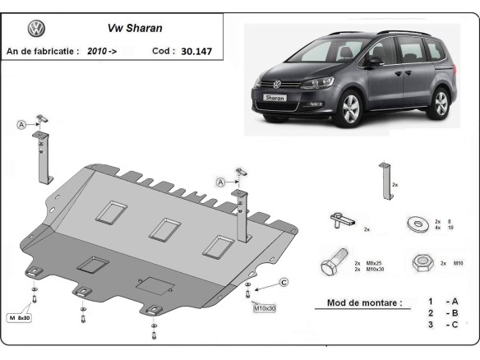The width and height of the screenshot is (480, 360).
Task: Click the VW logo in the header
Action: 36,29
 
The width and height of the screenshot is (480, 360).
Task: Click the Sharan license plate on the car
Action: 275,98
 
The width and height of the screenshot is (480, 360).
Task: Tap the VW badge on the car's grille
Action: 277,83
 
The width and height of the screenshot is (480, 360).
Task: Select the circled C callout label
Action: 284,283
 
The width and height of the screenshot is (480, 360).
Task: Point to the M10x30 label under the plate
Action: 265,308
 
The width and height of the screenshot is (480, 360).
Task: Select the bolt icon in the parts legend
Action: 334,265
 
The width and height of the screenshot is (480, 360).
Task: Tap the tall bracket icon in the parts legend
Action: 383,182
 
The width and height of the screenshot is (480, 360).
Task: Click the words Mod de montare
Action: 364,302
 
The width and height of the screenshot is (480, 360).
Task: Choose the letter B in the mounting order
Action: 452,313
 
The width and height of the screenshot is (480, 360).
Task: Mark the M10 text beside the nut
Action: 459,263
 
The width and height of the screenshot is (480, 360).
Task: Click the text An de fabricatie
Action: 41,51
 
